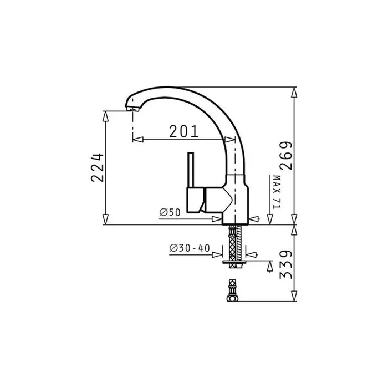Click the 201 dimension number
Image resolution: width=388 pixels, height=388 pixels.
point(184,131)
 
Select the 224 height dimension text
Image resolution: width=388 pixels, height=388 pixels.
point(98,168)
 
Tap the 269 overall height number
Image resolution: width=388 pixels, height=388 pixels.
point(286,156)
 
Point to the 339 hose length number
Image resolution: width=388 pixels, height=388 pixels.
point(286,265)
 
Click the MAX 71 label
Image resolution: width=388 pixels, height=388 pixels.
point(277,192)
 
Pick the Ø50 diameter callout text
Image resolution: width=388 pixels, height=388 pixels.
point(170,212)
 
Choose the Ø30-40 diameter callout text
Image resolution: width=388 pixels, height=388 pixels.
point(190,248)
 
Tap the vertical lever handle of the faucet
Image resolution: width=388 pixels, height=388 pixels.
point(191,170)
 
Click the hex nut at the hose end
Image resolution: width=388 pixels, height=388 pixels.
point(232,298)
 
